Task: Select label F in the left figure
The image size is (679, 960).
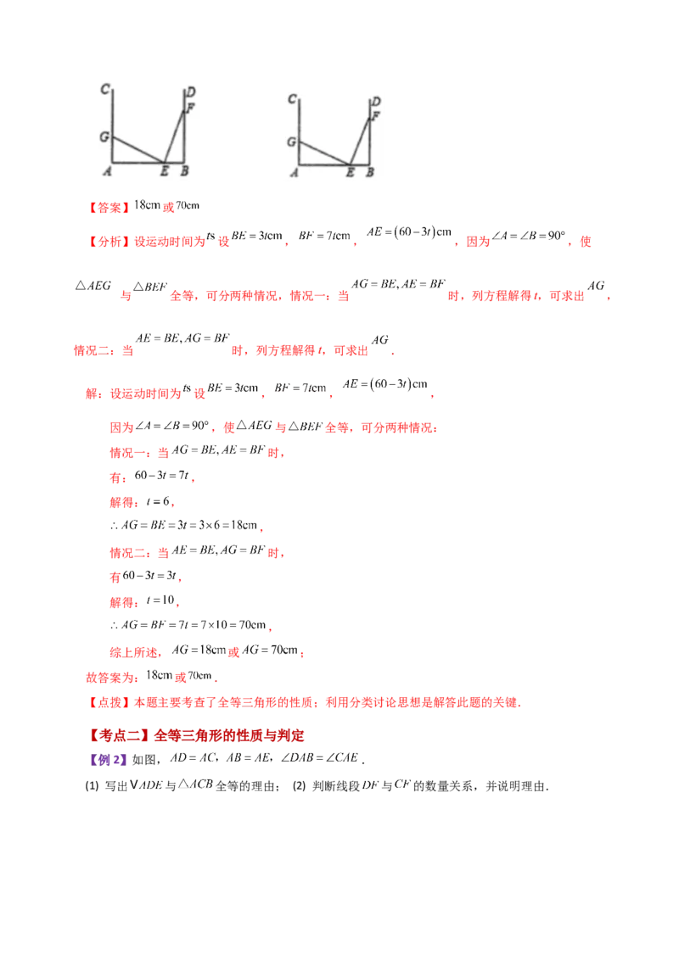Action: (190, 108)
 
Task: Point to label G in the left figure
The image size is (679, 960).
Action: (104, 136)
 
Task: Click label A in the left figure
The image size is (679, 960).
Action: (106, 171)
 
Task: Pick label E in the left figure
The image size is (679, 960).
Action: (164, 171)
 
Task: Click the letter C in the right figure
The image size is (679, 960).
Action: (292, 99)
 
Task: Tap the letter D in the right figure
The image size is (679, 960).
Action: (376, 103)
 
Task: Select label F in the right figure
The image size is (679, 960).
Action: (375, 115)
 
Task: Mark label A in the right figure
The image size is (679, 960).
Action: (294, 173)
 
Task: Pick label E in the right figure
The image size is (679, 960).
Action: (350, 173)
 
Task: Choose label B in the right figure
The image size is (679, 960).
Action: (369, 173)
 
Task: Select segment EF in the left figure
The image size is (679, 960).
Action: (175, 131)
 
